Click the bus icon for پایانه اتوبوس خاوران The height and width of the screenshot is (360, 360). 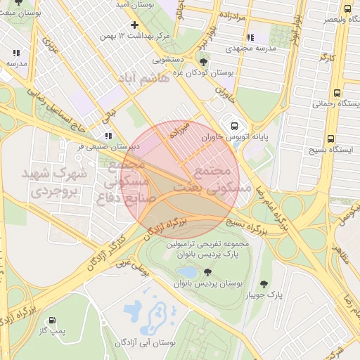(x=233, y=127)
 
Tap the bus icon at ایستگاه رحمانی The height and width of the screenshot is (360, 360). (x=337, y=93)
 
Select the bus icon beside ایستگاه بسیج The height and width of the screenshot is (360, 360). (x=330, y=139)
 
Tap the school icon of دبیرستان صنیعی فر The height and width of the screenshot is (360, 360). (x=108, y=136)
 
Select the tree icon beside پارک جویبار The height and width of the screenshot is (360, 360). (x=264, y=284)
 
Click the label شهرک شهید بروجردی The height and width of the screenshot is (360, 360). (x=55, y=181)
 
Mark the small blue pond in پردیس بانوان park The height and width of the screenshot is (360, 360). (x=188, y=271)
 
